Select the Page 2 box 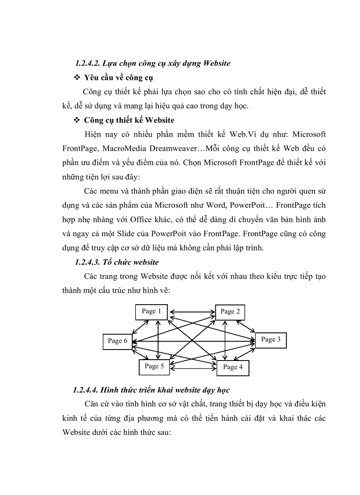pyautogui.click(x=230, y=312)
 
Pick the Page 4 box pyautogui.click(x=232, y=367)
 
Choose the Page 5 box pyautogui.click(x=154, y=366)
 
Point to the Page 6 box pyautogui.click(x=117, y=341)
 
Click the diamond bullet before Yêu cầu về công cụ pyautogui.click(x=75, y=78)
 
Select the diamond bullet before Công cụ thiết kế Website pyautogui.click(x=75, y=120)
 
